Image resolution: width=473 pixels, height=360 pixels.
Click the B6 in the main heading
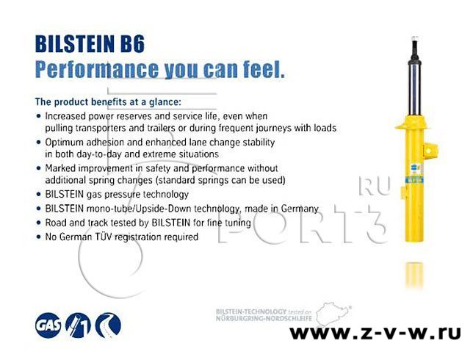click(132, 44)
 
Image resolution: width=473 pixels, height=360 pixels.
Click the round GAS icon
click(48, 325)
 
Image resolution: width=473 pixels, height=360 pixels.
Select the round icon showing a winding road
click(108, 325)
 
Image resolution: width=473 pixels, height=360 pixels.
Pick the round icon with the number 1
click(78, 325)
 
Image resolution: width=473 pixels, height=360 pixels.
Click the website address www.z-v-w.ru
click(375, 333)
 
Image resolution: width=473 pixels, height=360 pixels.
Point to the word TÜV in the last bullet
click(101, 237)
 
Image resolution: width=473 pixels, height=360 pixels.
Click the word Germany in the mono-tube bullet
click(300, 209)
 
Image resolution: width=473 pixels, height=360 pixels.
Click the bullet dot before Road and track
click(38, 223)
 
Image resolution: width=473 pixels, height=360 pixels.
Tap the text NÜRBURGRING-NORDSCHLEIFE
click(264, 318)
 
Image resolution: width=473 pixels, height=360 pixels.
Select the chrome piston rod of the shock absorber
click(415, 90)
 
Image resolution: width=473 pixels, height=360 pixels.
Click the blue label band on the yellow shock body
click(414, 181)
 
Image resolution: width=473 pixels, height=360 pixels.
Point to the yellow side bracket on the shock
click(430, 151)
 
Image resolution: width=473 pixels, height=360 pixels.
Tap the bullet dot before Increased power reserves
click(38, 116)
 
